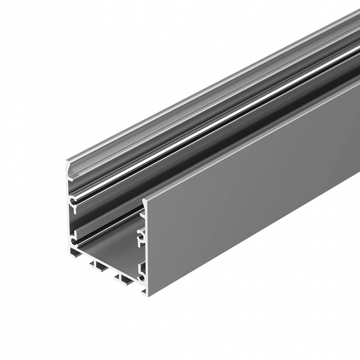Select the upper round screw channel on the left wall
point(74,202)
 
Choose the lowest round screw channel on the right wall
point(142,275)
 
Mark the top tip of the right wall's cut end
point(145,199)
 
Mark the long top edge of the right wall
point(250,145)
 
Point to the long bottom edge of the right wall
point(250,240)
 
